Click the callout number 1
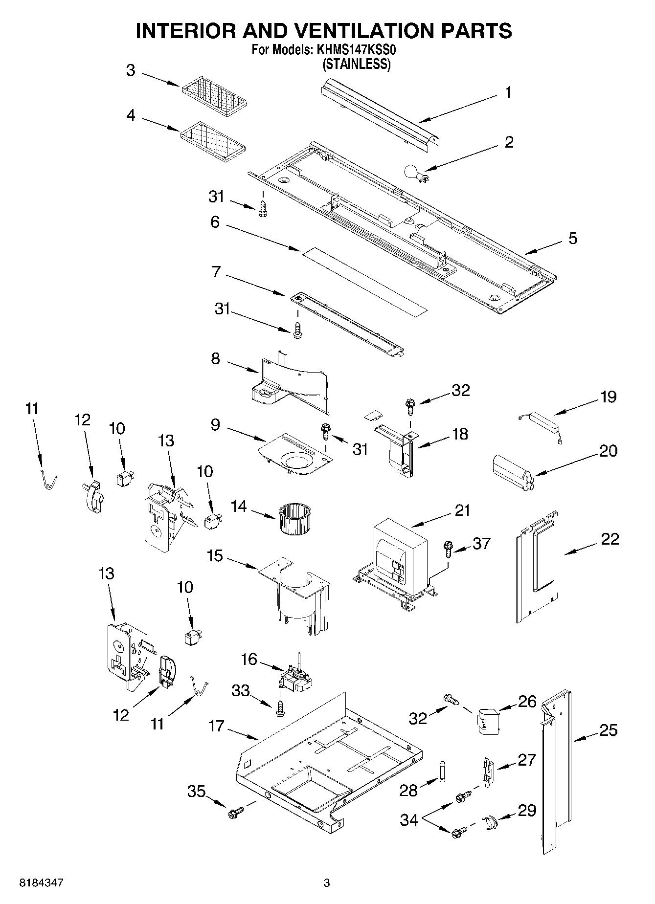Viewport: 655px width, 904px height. pos(508,92)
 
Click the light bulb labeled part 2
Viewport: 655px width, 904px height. pos(413,173)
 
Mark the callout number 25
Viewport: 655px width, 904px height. pos(608,730)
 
